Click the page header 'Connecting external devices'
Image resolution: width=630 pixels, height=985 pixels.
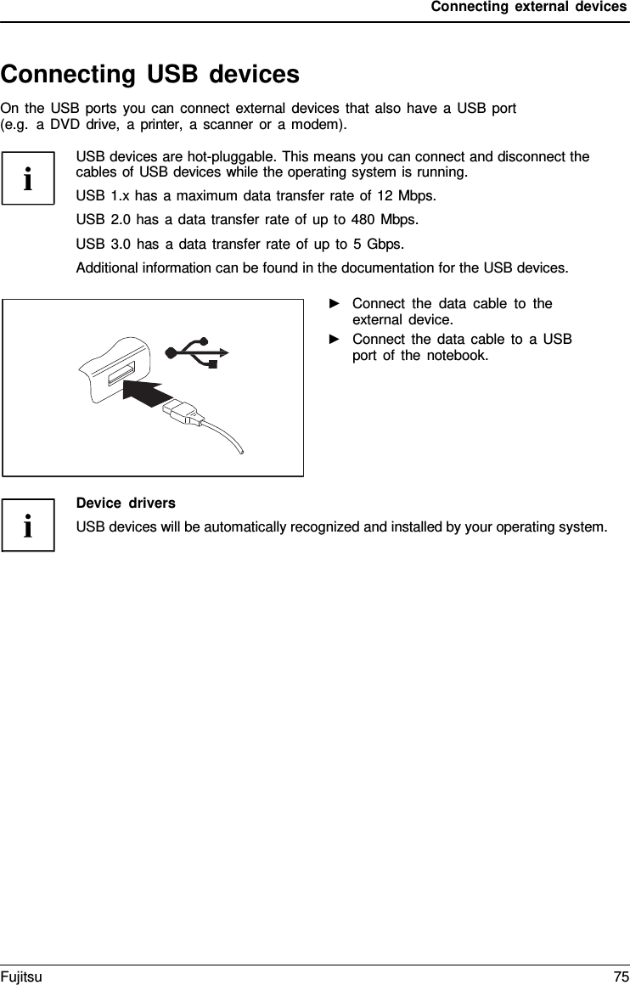click(x=528, y=8)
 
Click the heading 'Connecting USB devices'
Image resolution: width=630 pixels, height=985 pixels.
click(x=150, y=75)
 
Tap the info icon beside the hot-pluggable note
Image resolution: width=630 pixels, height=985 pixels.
click(x=28, y=179)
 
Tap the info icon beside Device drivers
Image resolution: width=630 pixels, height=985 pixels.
click(x=28, y=526)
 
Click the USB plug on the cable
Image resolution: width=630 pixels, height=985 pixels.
click(x=184, y=414)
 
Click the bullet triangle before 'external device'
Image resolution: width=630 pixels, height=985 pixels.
click(x=334, y=304)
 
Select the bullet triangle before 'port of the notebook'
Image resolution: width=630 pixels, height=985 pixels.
click(x=334, y=340)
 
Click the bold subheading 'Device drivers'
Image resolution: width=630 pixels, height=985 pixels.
click(x=126, y=504)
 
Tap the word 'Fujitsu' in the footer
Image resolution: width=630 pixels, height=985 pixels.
click(x=21, y=977)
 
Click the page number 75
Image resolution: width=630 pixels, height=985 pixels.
click(x=620, y=977)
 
